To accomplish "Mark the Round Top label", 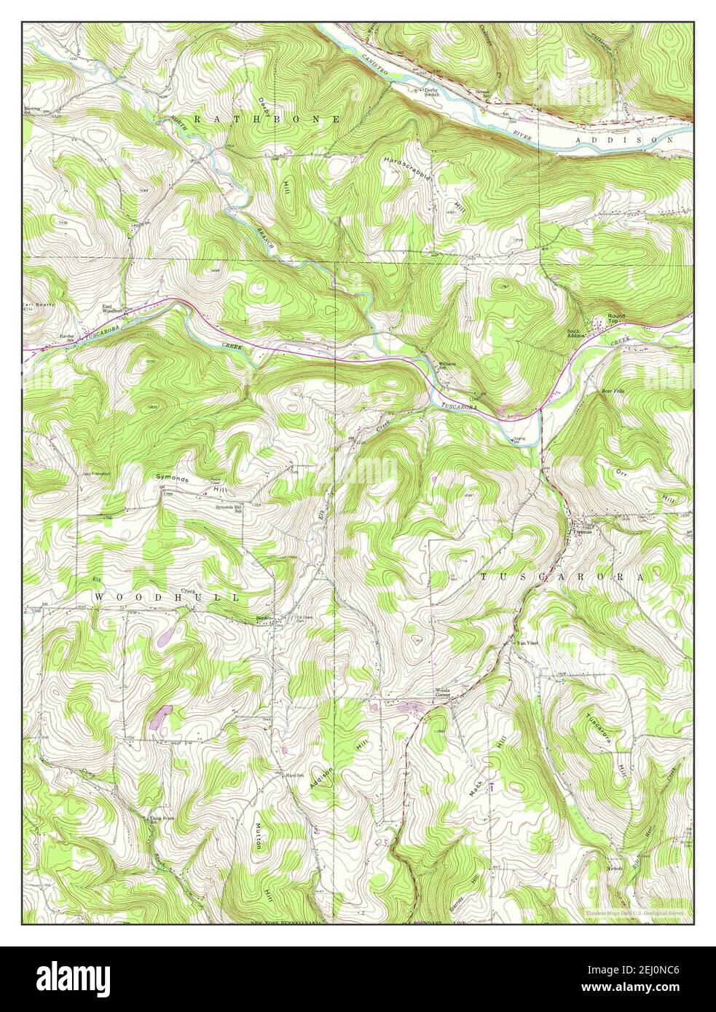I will coord(616,317).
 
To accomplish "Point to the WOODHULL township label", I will coord(166,597).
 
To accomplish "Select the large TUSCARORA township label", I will coord(561,576).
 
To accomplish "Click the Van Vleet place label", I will coord(527,644).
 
